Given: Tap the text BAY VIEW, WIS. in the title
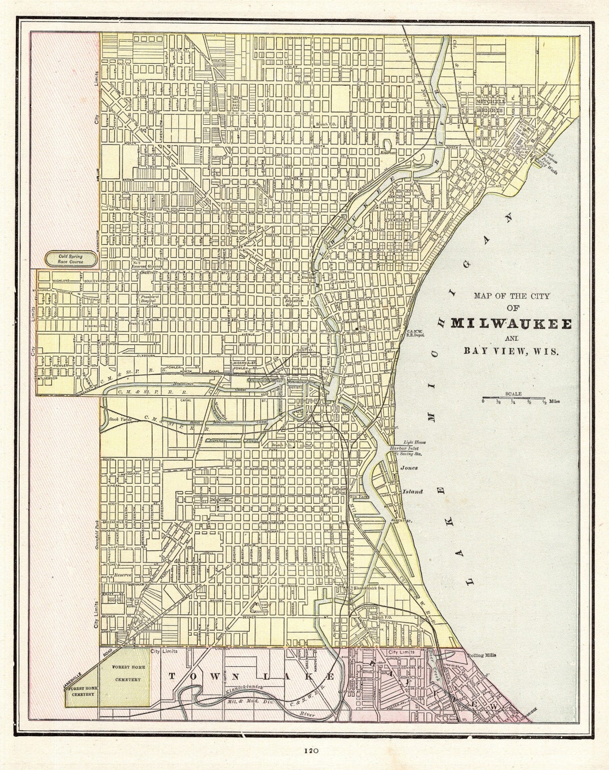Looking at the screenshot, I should point(511,351).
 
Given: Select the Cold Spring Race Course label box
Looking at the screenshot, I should point(71,259).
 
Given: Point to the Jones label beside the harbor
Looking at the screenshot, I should point(409,468).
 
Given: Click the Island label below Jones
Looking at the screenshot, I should point(412,492).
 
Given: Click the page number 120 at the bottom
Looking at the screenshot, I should point(311,751).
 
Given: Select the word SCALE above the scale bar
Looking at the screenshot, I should point(513,393).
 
